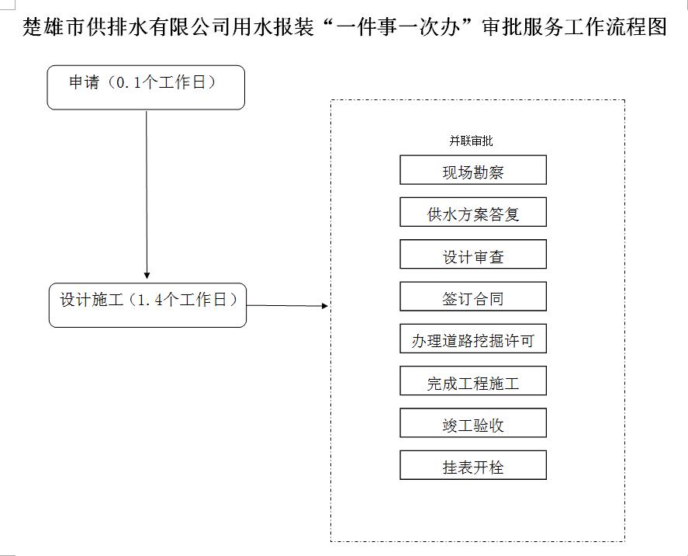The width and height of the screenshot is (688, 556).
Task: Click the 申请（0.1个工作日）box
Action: (146, 88)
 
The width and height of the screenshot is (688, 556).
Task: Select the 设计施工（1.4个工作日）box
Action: (147, 305)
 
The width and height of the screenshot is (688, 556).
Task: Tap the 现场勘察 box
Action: (473, 170)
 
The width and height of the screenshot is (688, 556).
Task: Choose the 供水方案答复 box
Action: (473, 212)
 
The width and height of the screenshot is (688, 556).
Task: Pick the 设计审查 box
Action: (473, 254)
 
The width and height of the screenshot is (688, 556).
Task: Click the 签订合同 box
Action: (473, 297)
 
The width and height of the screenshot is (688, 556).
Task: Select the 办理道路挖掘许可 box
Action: (473, 339)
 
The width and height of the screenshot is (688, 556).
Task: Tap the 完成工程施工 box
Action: (473, 381)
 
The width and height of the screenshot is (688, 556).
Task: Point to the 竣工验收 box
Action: (473, 423)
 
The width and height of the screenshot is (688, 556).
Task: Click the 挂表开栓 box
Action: (473, 465)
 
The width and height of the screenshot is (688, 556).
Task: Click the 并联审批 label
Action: (471, 141)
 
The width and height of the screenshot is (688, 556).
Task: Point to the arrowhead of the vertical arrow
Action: (147, 276)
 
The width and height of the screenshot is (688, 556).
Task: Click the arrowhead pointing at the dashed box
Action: (325, 306)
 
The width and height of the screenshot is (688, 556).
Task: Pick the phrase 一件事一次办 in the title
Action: (399, 26)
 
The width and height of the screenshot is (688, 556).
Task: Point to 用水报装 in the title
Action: (273, 26)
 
